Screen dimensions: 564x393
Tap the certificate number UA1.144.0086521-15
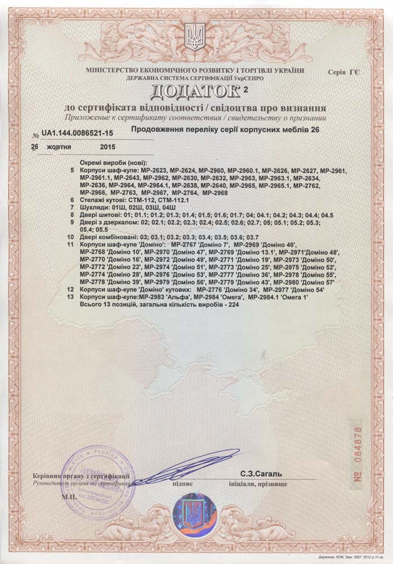tap(77, 132)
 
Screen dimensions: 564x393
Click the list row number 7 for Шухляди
tap(72, 207)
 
